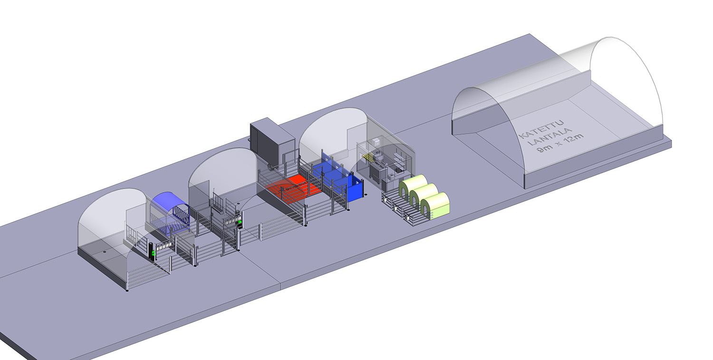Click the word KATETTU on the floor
542,128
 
